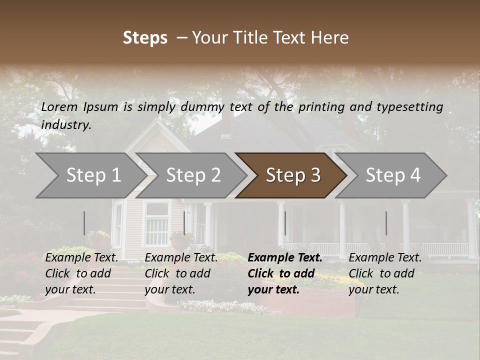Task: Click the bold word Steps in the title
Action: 145,38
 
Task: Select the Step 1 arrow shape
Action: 90,175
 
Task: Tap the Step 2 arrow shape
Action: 192,175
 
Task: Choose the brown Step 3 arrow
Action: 292,175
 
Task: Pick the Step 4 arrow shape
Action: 392,175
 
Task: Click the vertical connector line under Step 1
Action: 84,223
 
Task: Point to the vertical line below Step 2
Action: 184,223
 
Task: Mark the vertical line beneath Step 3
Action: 285,223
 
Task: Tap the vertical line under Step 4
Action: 386,223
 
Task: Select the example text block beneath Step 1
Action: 82,273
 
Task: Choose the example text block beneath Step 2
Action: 181,273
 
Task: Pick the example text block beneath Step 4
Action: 385,273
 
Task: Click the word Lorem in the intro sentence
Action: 59,106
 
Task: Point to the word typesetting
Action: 409,107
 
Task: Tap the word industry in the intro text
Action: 66,124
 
